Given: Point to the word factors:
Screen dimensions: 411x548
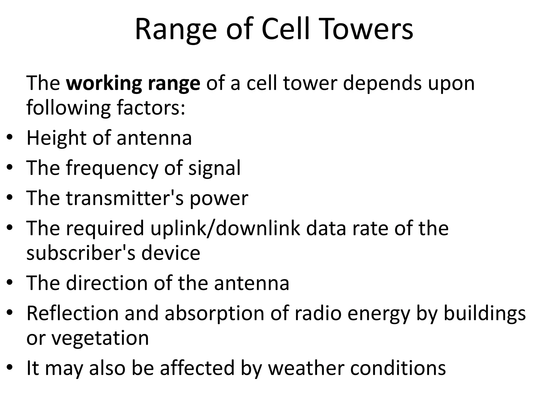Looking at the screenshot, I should pyautogui.click(x=151, y=108).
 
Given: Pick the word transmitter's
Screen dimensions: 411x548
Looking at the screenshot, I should pyautogui.click(x=125, y=198).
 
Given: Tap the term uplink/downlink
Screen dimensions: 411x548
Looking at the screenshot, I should pyautogui.click(x=225, y=228).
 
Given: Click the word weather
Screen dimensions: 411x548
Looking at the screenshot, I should pyautogui.click(x=306, y=368).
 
